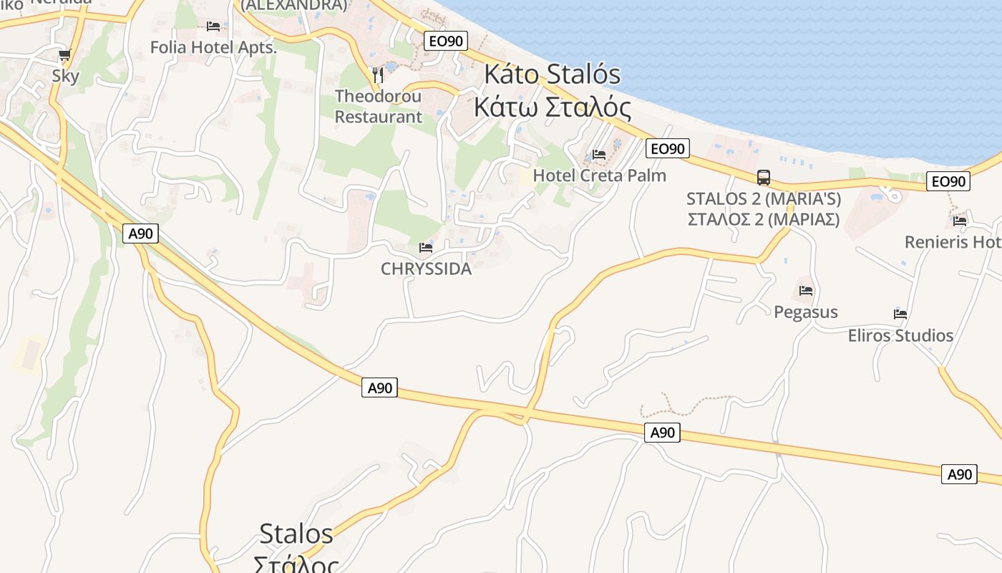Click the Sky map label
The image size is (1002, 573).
click(65, 76)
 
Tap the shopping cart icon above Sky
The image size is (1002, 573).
click(65, 55)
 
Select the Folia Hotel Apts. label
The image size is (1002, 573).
click(213, 47)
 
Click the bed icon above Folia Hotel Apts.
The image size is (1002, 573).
click(213, 27)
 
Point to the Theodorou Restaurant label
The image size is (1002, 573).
click(379, 106)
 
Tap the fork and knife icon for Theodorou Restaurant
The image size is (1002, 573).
click(379, 74)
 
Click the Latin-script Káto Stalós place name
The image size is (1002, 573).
click(553, 74)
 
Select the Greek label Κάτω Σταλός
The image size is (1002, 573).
click(553, 107)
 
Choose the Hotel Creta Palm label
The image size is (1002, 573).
click(600, 175)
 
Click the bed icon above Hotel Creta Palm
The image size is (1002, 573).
click(599, 155)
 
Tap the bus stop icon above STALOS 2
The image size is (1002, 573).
click(764, 178)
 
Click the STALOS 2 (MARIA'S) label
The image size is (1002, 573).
click(764, 198)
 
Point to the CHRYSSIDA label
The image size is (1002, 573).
click(427, 269)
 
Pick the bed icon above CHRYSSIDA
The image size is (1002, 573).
click(426, 248)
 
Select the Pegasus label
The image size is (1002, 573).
click(806, 312)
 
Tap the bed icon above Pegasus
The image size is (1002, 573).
click(806, 291)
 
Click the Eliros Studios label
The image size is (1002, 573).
click(900, 335)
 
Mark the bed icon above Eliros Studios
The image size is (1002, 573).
click(900, 314)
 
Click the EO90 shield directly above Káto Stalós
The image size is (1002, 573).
click(446, 41)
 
